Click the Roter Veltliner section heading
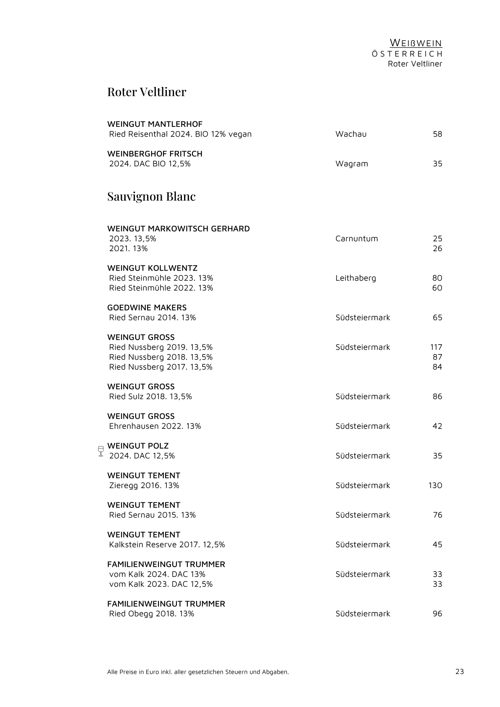click(x=147, y=92)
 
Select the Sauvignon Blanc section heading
click(x=151, y=196)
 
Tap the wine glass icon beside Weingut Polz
click(x=100, y=451)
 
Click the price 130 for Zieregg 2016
click(x=435, y=485)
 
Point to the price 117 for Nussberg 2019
click(x=436, y=347)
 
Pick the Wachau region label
click(x=351, y=134)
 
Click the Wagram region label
click(x=352, y=163)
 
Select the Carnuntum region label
click(x=357, y=239)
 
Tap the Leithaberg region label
click(x=356, y=278)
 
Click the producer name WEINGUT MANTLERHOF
click(x=155, y=124)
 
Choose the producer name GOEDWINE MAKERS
click(x=147, y=308)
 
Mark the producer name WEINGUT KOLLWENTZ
click(x=152, y=268)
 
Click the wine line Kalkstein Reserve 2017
click(x=167, y=544)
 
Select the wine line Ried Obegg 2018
click(x=152, y=614)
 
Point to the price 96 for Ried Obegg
click(x=437, y=614)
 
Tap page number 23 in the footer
click(x=460, y=671)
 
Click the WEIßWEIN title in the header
click(x=416, y=43)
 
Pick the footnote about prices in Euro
click(x=198, y=672)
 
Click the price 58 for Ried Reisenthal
click(x=437, y=134)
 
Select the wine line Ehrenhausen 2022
click(x=155, y=426)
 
